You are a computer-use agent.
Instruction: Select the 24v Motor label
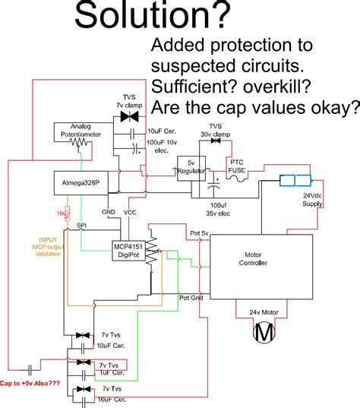pos(264,312)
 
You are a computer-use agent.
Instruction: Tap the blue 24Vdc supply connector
pos(295,181)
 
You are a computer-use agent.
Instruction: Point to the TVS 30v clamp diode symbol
pos(215,140)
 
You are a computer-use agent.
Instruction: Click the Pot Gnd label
pos(189,299)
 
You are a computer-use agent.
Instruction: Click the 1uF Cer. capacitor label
pos(110,372)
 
